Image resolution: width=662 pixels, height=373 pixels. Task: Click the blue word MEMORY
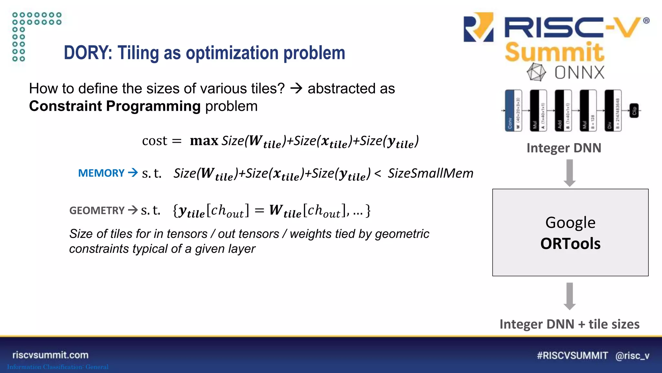point(101,173)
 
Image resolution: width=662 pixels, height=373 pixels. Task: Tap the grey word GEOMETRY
point(97,211)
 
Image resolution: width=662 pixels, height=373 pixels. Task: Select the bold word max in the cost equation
point(204,141)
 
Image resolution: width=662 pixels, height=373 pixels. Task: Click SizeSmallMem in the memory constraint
point(430,174)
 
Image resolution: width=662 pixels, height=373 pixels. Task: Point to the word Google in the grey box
point(570,223)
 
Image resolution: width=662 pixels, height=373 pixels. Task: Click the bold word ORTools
point(570,244)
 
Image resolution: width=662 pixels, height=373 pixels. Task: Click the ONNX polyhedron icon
point(536,72)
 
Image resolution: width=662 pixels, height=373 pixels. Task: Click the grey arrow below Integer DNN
point(570,173)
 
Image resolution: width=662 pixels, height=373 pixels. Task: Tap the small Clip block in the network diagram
point(634,111)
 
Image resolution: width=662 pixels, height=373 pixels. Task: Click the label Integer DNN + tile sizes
point(569,324)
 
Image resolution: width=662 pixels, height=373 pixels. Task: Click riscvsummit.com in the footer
point(50,355)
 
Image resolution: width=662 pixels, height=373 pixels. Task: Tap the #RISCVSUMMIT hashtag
point(572,356)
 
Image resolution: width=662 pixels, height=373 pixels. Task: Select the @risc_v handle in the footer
point(632,356)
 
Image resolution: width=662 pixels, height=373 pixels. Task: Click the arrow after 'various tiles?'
point(296,88)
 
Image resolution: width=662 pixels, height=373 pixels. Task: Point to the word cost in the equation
point(155,141)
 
